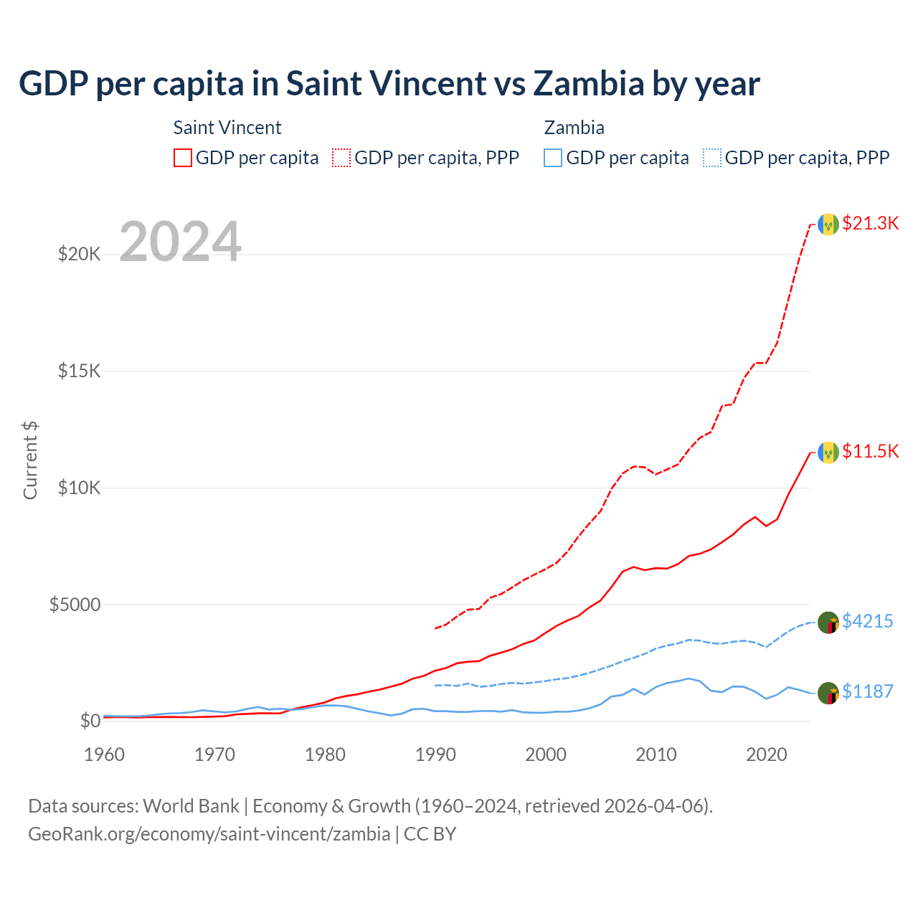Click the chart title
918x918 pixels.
click(389, 84)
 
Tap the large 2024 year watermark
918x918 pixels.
click(180, 242)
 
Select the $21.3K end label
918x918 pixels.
click(870, 223)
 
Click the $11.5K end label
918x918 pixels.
click(870, 451)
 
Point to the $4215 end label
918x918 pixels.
click(867, 621)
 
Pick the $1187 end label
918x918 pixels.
click(867, 691)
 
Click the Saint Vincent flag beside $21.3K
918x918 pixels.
click(828, 224)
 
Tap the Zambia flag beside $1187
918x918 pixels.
click(828, 694)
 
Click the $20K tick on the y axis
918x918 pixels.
click(79, 254)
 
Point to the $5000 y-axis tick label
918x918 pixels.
click(75, 605)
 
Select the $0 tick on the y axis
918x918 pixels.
click(90, 721)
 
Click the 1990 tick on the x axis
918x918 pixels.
click(435, 754)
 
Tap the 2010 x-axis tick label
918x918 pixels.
click(656, 754)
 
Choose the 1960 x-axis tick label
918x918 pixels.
click(105, 754)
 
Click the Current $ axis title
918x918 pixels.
click(30, 460)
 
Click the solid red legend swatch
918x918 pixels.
click(183, 158)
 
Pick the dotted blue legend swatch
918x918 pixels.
click(712, 158)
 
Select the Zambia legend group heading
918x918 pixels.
click(574, 128)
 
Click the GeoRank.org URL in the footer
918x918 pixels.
click(209, 834)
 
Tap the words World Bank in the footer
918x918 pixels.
click(191, 806)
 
